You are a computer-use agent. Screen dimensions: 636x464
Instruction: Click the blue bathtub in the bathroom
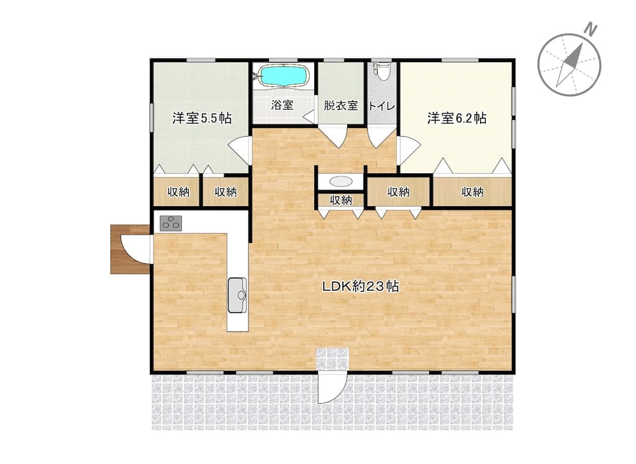click(284, 75)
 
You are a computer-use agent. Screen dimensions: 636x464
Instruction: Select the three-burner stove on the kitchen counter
click(171, 223)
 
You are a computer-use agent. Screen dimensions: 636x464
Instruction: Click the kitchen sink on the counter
click(237, 295)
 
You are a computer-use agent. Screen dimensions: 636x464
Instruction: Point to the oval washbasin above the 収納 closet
click(341, 181)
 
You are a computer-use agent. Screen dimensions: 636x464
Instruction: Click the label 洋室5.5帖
click(202, 118)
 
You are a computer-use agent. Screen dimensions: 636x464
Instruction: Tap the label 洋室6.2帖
click(457, 118)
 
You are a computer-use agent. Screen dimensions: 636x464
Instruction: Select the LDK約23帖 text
click(361, 286)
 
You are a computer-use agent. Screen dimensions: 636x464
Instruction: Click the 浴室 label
click(282, 105)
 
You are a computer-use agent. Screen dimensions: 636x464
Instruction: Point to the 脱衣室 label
click(341, 106)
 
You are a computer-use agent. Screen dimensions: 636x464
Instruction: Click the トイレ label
click(382, 106)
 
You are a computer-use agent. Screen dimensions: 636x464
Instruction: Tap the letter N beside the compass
click(591, 30)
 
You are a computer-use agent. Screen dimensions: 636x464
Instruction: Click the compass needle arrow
click(570, 65)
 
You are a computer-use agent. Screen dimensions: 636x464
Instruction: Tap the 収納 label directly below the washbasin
click(341, 200)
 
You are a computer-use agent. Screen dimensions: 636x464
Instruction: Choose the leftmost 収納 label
click(178, 191)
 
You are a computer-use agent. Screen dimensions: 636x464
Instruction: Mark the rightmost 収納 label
click(473, 191)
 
